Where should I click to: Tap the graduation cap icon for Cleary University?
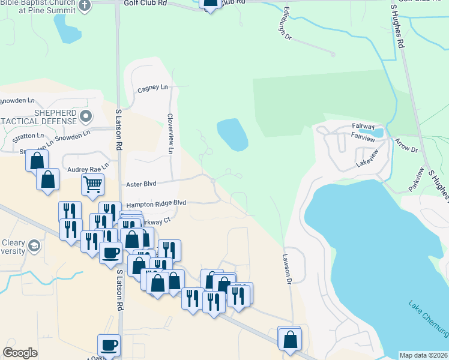pos(35,246)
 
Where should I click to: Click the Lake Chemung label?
pos(428,317)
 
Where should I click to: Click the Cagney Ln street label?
pos(152,88)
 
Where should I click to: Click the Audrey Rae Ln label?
pos(88,170)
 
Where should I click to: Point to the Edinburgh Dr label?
pos(287,25)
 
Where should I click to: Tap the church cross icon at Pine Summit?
pos(85,5)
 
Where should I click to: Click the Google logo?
pos(20,353)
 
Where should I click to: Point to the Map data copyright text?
pos(424,355)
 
